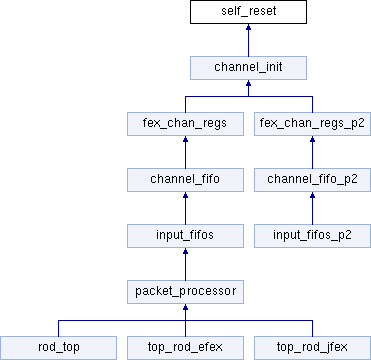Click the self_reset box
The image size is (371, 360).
click(x=248, y=12)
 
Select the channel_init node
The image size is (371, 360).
click(x=248, y=68)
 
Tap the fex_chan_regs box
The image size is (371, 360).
click(x=185, y=124)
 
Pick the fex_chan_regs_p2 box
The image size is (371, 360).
click(x=312, y=124)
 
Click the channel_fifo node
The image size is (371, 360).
click(x=185, y=180)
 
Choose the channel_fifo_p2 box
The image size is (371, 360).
click(x=312, y=180)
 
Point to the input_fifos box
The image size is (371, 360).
click(x=185, y=236)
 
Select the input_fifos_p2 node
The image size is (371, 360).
click(x=312, y=236)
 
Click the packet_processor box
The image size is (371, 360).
click(x=185, y=292)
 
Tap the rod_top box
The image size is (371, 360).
click(x=58, y=348)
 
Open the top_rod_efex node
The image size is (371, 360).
click(x=185, y=348)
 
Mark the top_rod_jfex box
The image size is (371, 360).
click(x=312, y=348)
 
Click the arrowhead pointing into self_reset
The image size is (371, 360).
click(x=248, y=27)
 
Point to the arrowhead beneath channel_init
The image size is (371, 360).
click(x=248, y=83)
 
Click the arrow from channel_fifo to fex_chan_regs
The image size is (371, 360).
click(x=185, y=152)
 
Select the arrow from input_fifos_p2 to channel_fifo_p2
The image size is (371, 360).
click(x=312, y=208)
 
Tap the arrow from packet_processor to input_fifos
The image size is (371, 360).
click(x=185, y=264)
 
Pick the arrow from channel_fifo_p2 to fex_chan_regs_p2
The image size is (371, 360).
click(x=312, y=152)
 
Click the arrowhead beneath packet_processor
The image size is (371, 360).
click(x=185, y=307)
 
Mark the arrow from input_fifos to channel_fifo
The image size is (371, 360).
click(x=185, y=208)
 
